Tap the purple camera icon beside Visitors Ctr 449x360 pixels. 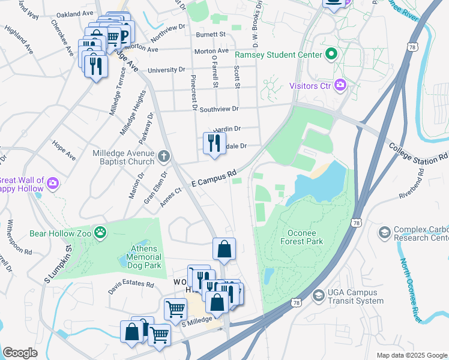[340, 86]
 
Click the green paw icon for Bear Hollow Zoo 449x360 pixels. [103, 231]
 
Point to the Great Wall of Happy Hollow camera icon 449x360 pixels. [53, 182]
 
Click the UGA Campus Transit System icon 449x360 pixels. [318, 295]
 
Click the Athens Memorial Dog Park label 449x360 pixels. [144, 257]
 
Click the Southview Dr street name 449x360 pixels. [219, 109]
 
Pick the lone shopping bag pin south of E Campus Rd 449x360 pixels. [224, 250]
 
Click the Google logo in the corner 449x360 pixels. [20, 353]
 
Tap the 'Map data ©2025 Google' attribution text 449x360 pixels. [412, 355]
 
